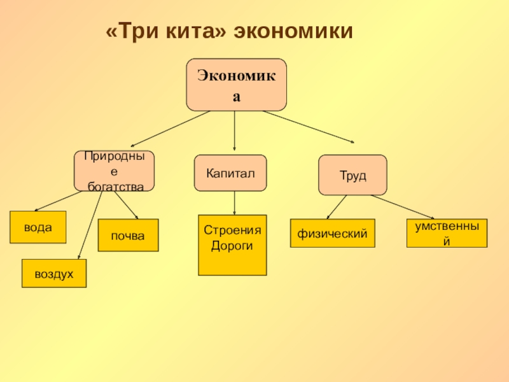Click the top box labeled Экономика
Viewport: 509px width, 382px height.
pos(236,85)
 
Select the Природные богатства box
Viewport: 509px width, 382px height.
pos(114,171)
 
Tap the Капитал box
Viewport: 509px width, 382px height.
pos(230,173)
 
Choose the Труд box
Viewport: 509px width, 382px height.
pos(352,174)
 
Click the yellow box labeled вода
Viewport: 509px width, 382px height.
pos(38,227)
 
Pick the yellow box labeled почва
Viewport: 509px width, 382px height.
pos(128,236)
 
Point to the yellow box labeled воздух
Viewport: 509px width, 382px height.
pos(54,273)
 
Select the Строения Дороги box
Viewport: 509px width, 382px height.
pos(232,245)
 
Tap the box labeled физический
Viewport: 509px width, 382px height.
pos(333,234)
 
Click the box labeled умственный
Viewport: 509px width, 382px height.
pos(447,234)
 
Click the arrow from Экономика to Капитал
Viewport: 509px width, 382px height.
pos(235,132)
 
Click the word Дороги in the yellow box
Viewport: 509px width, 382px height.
pos(232,246)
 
